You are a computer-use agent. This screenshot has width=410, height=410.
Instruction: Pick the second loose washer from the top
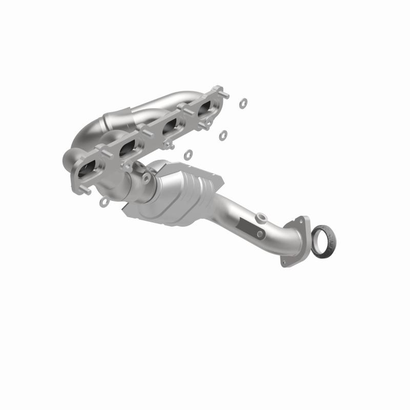point(223,135)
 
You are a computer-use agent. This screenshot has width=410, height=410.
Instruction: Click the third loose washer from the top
point(188,153)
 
